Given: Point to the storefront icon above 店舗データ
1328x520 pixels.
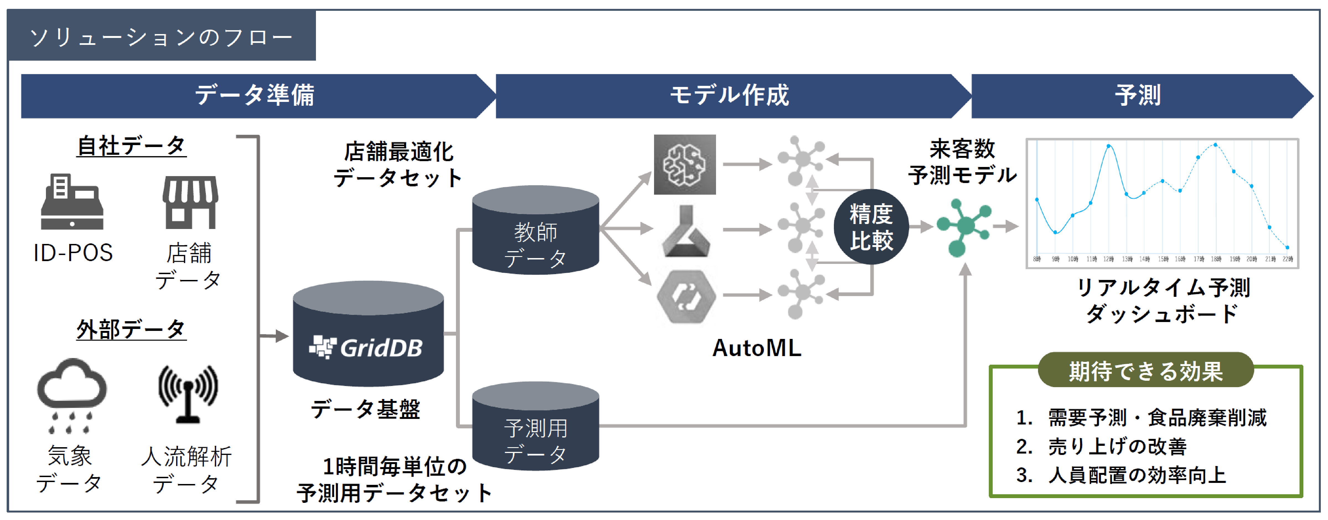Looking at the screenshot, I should [x=190, y=202].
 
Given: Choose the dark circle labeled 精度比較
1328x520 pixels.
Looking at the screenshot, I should [x=871, y=227].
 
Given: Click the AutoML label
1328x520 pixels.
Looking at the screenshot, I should [x=756, y=348].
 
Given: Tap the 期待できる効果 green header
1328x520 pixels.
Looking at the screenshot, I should [x=1145, y=370].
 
